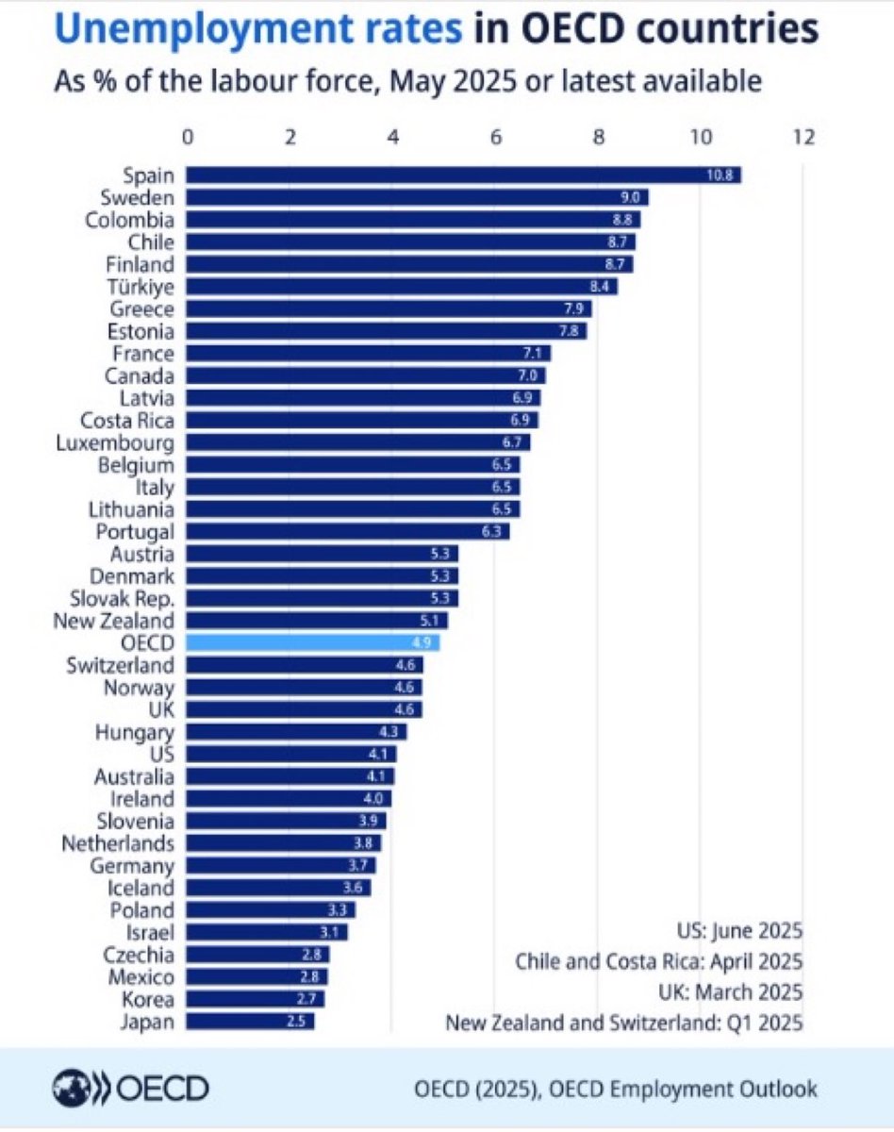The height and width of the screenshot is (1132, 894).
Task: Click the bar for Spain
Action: click(463, 175)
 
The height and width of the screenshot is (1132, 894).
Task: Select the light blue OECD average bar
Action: click(313, 642)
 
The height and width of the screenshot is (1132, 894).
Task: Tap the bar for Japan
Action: click(250, 1022)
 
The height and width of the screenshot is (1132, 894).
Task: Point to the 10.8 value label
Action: click(720, 175)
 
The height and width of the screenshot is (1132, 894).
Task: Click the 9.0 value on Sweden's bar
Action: click(630, 198)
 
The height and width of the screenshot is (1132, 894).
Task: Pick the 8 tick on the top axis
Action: click(599, 138)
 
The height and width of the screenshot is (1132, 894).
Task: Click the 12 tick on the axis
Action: click(803, 138)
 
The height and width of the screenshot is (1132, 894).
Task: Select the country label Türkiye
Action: click(141, 287)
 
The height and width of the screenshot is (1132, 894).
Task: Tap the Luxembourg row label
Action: click(115, 443)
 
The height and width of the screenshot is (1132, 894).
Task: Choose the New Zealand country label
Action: click(113, 622)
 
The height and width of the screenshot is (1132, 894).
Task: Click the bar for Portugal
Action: click(348, 532)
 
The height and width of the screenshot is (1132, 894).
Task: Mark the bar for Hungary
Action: click(296, 732)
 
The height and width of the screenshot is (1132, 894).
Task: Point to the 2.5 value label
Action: click(296, 1022)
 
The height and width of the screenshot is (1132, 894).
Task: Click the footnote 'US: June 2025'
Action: click(740, 930)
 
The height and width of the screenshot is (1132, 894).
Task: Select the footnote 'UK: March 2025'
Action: click(731, 992)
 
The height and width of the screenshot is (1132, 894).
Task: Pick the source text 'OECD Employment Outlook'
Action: click(683, 1089)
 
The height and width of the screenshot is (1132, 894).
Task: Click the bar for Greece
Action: click(389, 308)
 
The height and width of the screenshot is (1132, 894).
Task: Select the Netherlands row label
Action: click(118, 843)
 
